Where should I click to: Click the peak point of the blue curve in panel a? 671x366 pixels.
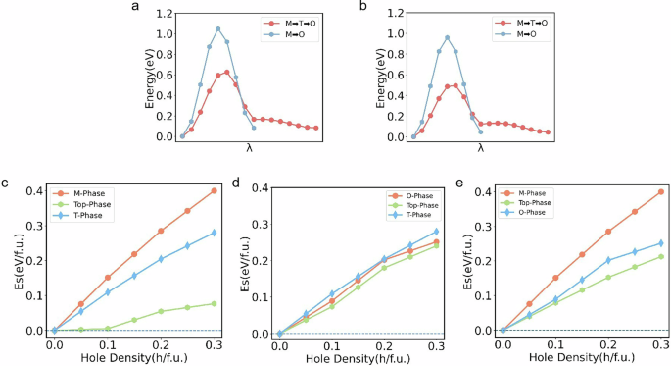pyautogui.click(x=217, y=29)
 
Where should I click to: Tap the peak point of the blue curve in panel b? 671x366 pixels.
pyautogui.click(x=447, y=38)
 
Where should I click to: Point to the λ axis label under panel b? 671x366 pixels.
pyautogui.click(x=480, y=148)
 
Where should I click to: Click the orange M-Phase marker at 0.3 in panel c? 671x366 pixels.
pyautogui.click(x=214, y=190)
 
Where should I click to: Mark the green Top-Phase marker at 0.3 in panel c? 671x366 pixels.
pyautogui.click(x=214, y=304)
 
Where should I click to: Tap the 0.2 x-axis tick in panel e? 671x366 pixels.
pyautogui.click(x=608, y=344)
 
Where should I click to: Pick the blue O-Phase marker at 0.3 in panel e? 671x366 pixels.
pyautogui.click(x=662, y=243)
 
